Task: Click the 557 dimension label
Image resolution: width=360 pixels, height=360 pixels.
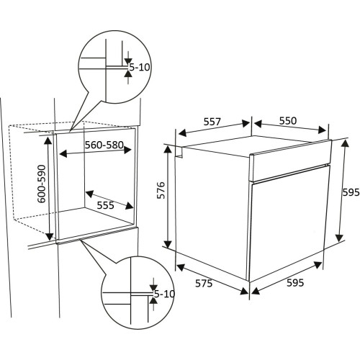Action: (212, 122)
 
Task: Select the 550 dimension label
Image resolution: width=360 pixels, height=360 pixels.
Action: (288, 121)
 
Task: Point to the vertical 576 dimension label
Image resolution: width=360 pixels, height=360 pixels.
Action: (161, 190)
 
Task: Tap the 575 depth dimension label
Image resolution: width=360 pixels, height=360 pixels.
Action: (204, 284)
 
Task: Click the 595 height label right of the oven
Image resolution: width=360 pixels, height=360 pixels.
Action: (351, 192)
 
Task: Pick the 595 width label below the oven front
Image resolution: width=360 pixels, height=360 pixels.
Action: (295, 283)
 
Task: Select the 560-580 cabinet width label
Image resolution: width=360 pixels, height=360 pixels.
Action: (104, 145)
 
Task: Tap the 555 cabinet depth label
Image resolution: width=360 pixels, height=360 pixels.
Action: (105, 205)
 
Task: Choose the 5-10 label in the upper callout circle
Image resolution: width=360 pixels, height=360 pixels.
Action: (140, 67)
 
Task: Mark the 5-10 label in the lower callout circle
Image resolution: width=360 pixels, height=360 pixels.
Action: (165, 294)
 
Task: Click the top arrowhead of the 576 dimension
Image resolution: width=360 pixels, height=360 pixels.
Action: (168, 150)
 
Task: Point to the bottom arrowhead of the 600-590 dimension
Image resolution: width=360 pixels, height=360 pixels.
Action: (50, 236)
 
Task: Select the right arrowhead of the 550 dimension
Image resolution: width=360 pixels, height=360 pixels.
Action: (323, 130)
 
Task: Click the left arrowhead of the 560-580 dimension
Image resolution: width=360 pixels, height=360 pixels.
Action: (63, 154)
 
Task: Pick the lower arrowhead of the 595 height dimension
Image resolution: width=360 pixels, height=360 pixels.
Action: (339, 238)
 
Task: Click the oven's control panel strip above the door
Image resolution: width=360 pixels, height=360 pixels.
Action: (291, 160)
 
